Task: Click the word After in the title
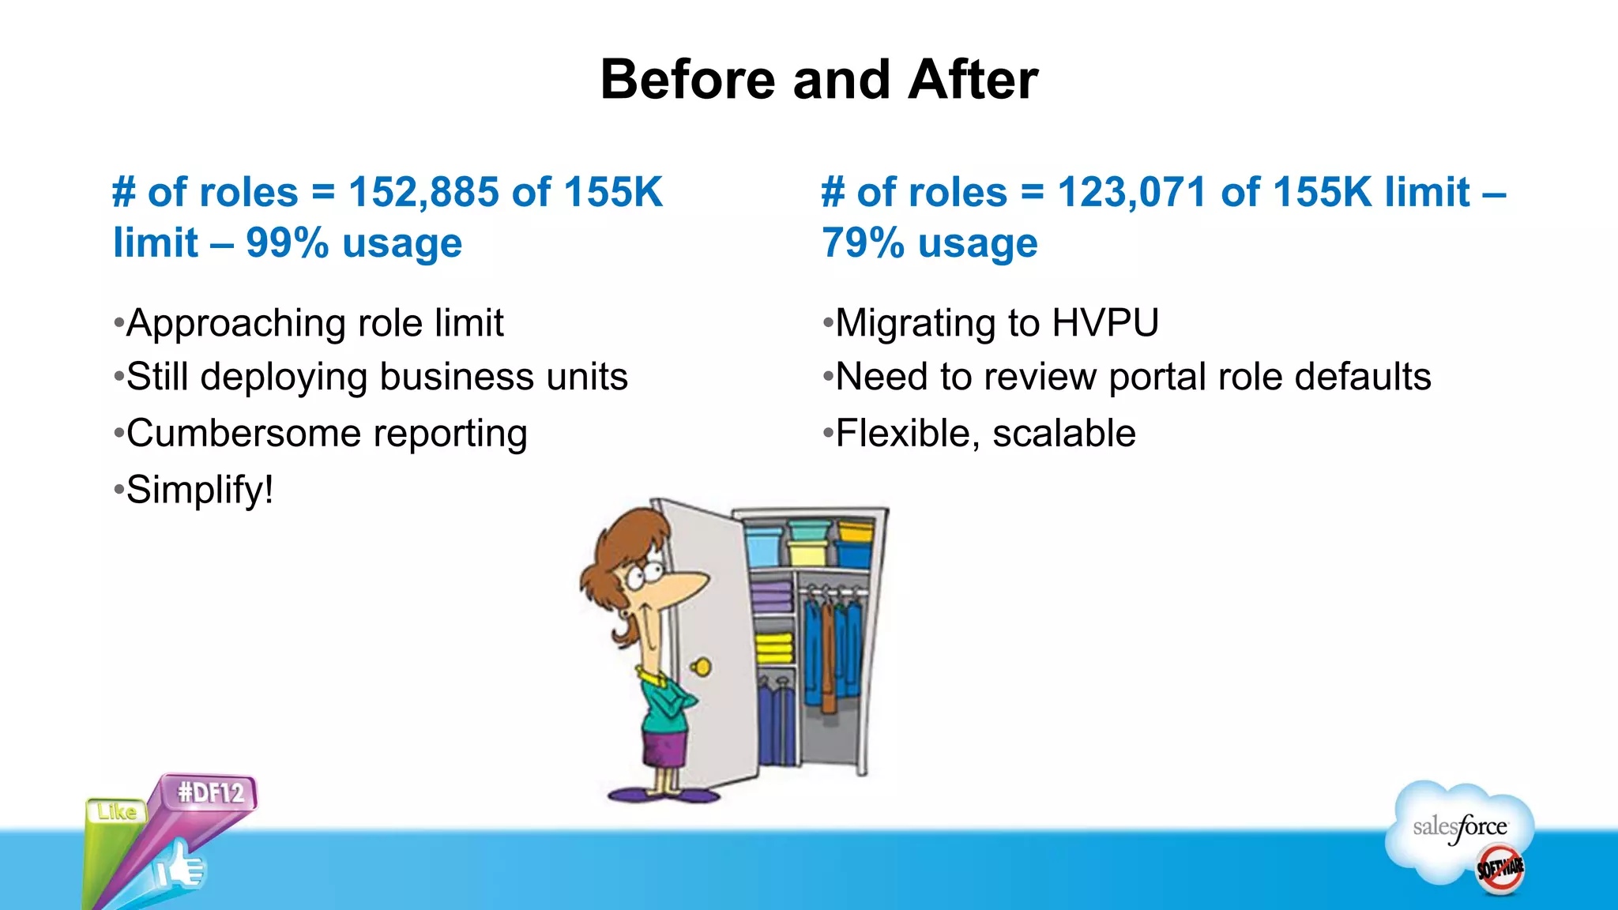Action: click(x=973, y=80)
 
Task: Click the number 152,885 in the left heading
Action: click(x=423, y=193)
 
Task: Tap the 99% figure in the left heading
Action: click(x=287, y=243)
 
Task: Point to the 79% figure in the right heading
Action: click(x=862, y=243)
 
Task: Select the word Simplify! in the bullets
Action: click(x=200, y=490)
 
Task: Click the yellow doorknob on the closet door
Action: click(x=702, y=667)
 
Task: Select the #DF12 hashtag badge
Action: click(x=210, y=792)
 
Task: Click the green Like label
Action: click(x=116, y=811)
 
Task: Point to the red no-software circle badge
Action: click(x=1500, y=869)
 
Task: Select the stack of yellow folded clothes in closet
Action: click(x=773, y=649)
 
